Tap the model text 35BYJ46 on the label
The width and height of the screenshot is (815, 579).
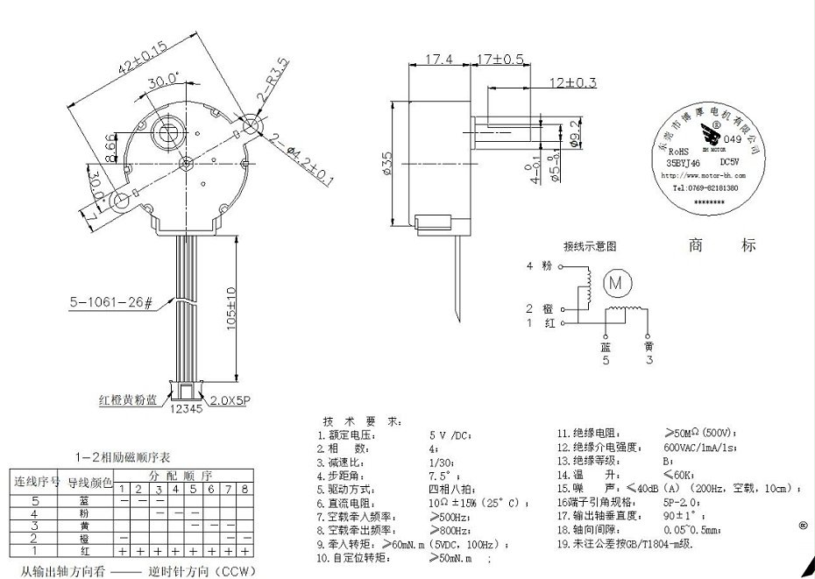pyautogui.click(x=684, y=162)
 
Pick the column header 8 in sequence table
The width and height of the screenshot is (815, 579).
pyautogui.click(x=244, y=488)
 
